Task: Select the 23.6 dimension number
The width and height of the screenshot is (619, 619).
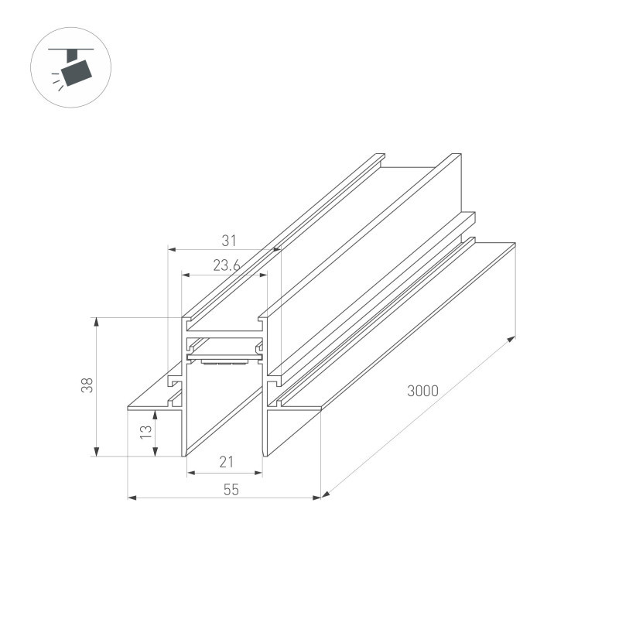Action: pyautogui.click(x=225, y=265)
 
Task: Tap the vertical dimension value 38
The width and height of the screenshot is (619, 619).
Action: pyautogui.click(x=87, y=385)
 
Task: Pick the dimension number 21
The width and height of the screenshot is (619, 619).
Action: pyautogui.click(x=226, y=463)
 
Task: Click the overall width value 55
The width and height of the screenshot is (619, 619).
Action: pyautogui.click(x=231, y=489)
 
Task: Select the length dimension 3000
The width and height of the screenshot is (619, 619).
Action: pyautogui.click(x=422, y=391)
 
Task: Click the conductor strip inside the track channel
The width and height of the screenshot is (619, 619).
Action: pyautogui.click(x=224, y=360)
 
